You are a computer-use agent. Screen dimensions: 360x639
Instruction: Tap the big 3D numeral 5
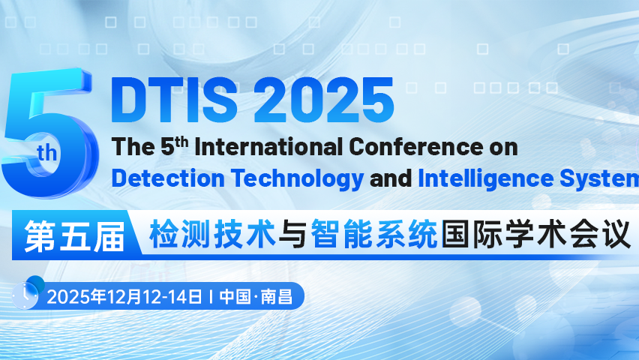[x=49, y=135]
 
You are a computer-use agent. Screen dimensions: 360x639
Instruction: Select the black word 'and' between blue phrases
[x=391, y=179]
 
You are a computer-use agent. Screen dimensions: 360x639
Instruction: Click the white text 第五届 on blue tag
[x=73, y=235]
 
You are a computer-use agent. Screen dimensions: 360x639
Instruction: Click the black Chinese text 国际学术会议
[x=535, y=235]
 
